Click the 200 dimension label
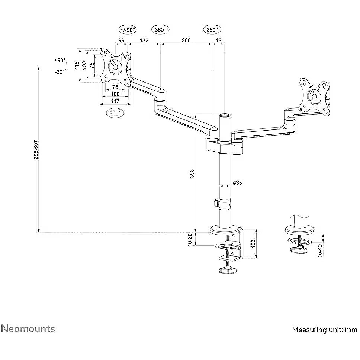[186, 41]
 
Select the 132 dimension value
[144, 41]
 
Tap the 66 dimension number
[121, 41]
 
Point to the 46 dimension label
[218, 41]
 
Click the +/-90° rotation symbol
[128, 29]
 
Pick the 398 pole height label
[192, 174]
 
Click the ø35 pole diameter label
[237, 183]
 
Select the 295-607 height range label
[36, 150]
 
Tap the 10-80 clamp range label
[190, 240]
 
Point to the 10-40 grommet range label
[320, 251]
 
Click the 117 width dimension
[115, 101]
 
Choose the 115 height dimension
[77, 65]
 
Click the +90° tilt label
[60, 60]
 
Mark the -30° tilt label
[60, 72]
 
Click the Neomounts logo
[28, 329]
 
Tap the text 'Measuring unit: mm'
[325, 330]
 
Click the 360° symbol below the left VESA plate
[115, 113]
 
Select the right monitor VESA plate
[314, 96]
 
